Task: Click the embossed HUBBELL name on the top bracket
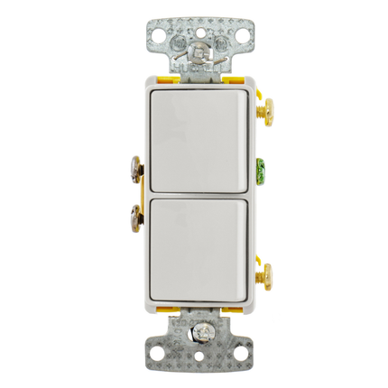pyautogui.click(x=193, y=67)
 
